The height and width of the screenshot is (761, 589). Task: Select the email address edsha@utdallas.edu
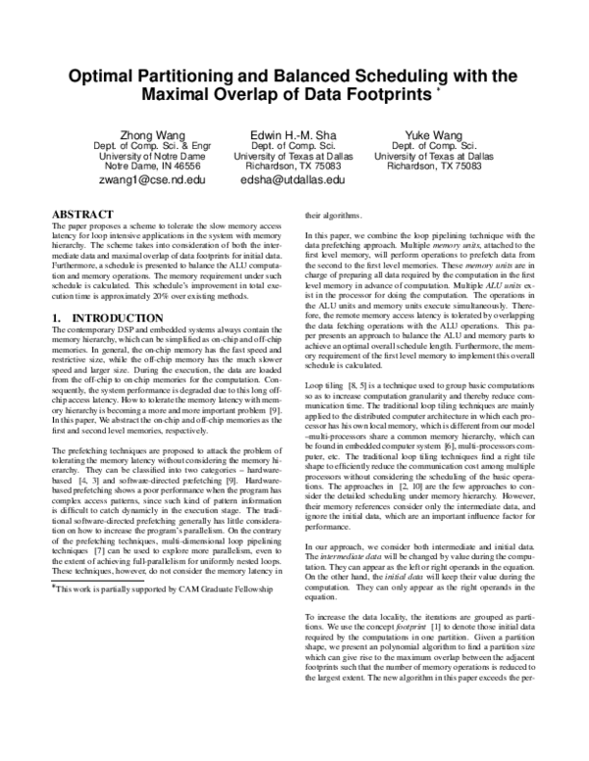tap(294, 180)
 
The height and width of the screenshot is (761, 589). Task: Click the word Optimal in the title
tap(104, 76)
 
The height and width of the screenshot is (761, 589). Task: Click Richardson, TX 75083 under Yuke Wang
tap(433, 167)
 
